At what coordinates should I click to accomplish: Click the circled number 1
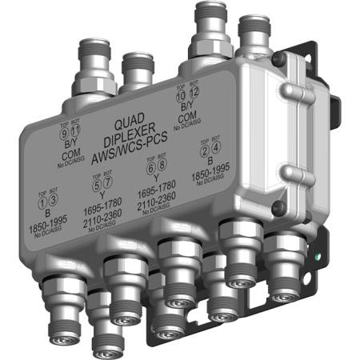click(x=42, y=202)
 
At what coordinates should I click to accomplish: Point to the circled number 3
click(x=53, y=202)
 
